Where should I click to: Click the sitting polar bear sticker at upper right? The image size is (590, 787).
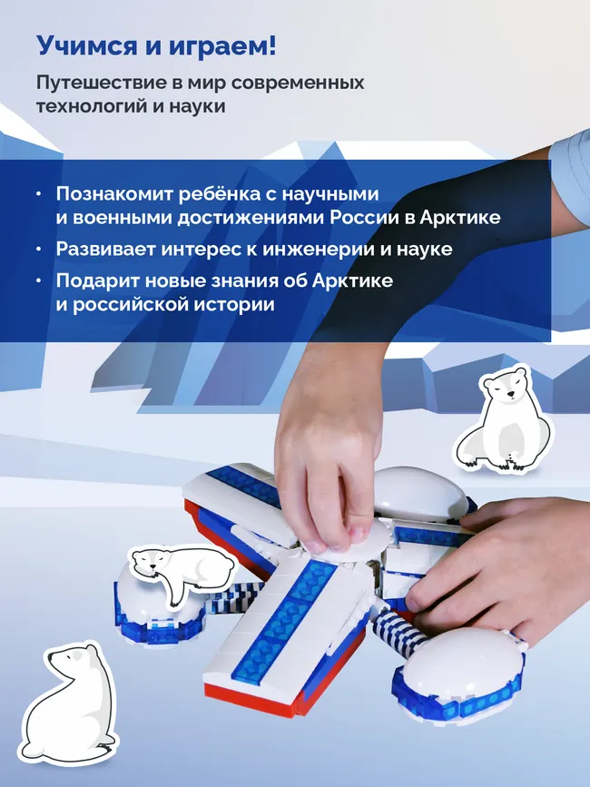(x=503, y=418)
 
